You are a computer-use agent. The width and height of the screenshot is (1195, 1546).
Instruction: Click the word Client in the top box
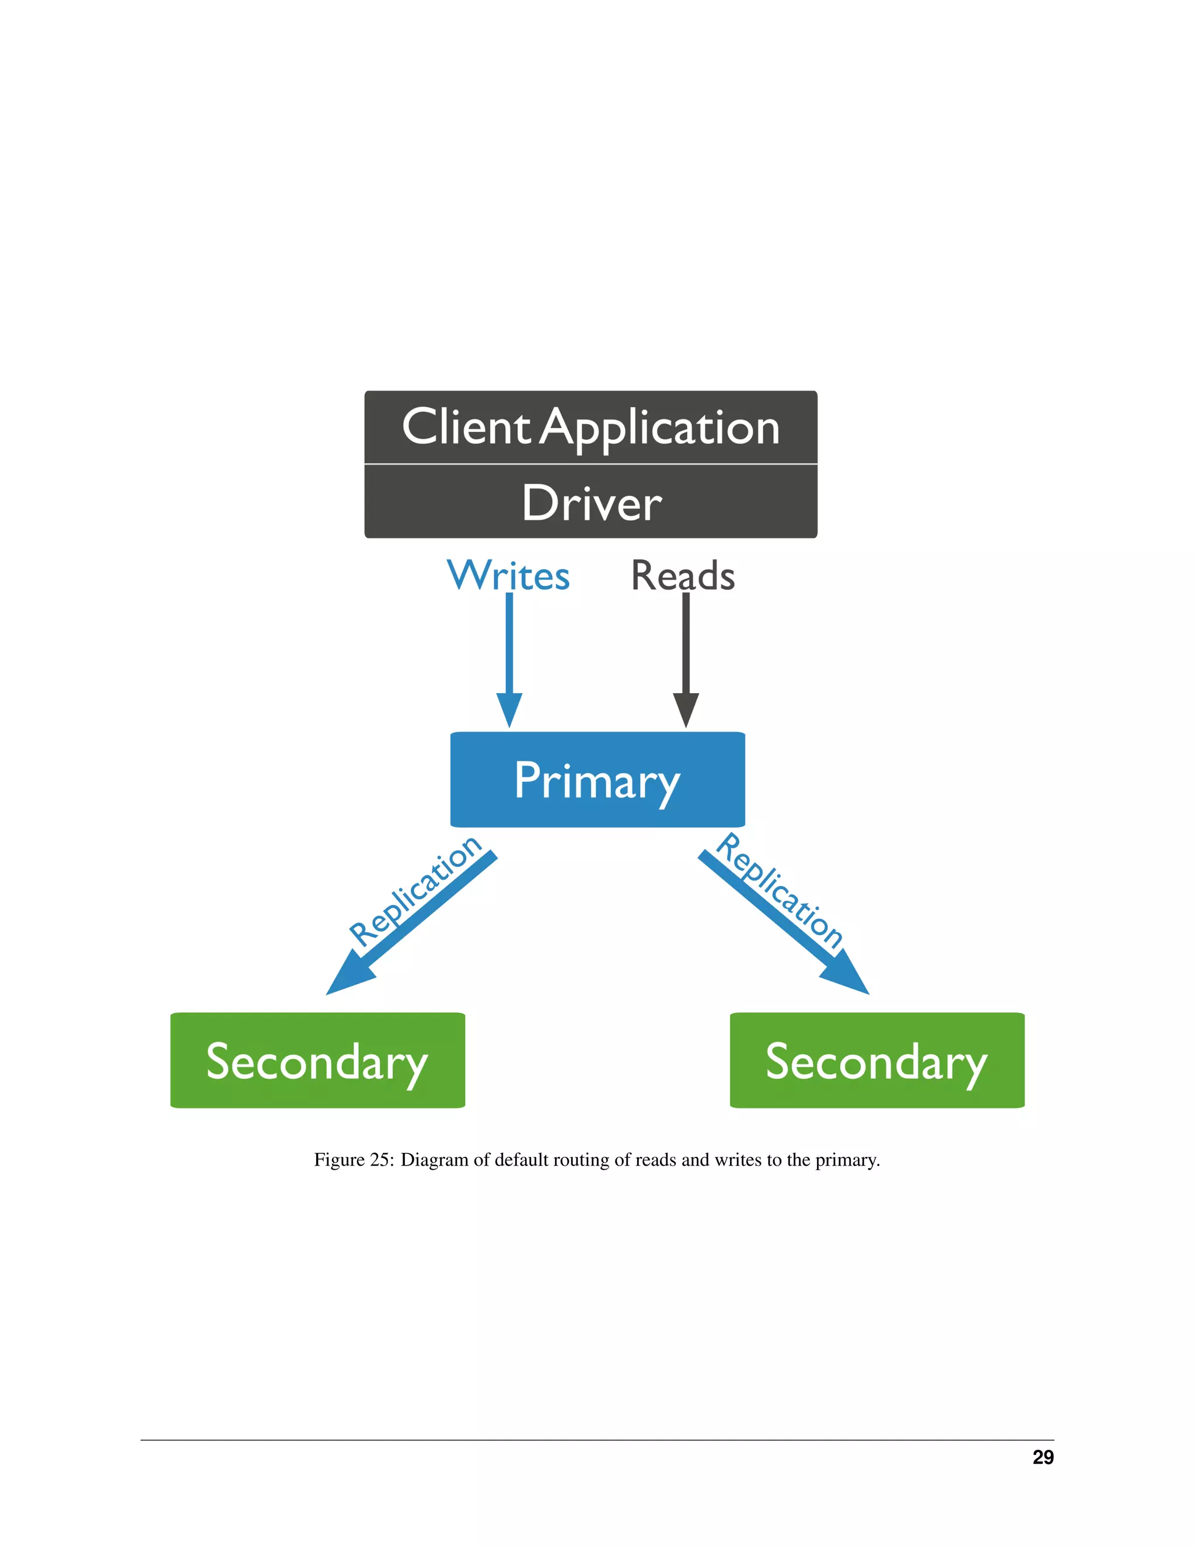[465, 428]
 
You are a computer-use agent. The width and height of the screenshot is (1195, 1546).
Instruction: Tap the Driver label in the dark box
[591, 503]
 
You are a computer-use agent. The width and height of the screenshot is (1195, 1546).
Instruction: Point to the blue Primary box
[597, 779]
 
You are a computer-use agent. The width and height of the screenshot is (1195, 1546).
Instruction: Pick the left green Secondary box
[317, 1061]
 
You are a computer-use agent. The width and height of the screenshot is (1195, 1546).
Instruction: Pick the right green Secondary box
[876, 1061]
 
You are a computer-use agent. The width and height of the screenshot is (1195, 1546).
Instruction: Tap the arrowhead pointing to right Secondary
[846, 977]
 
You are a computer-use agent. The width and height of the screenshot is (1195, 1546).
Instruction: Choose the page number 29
[1042, 1457]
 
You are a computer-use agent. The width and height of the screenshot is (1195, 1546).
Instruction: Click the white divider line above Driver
[591, 464]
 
